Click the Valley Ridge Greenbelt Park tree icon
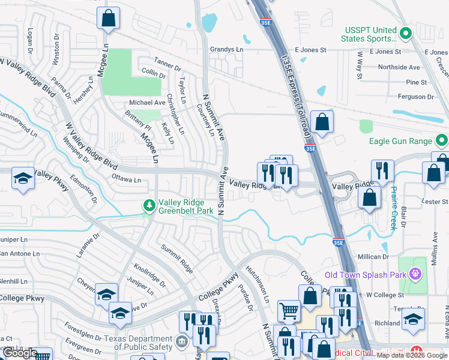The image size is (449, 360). [149, 206]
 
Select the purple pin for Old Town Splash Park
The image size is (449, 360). [414, 275]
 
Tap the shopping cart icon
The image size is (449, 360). [289, 311]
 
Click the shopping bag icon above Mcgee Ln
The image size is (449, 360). [108, 19]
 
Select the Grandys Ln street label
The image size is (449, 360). [226, 50]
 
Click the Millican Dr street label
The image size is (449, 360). [373, 257]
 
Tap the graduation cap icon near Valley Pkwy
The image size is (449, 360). [23, 178]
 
